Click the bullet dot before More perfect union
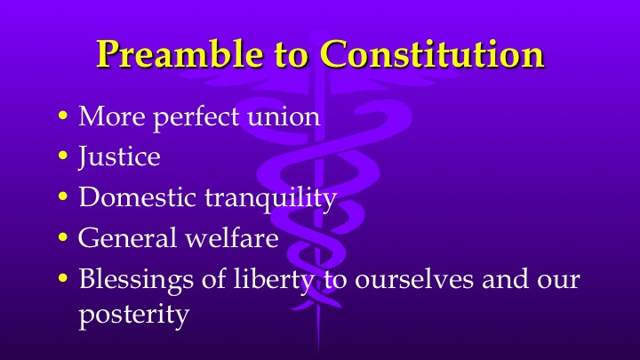pyautogui.click(x=62, y=117)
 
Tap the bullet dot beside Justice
pyautogui.click(x=62, y=157)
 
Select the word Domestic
pyautogui.click(x=131, y=197)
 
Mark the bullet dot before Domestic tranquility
pyautogui.click(x=62, y=198)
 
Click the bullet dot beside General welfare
pyautogui.click(x=62, y=238)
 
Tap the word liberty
pyautogui.click(x=267, y=279)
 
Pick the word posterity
pyautogui.click(x=133, y=315)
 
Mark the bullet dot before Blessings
pyautogui.click(x=62, y=279)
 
